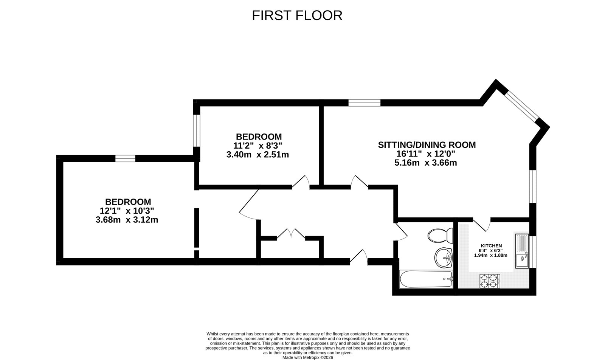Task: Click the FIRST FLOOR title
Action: point(297,16)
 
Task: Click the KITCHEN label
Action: point(491,246)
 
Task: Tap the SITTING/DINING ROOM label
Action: point(427,145)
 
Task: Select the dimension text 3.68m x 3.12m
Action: point(127,220)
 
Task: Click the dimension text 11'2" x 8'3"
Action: point(258,146)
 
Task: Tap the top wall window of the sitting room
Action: point(364,102)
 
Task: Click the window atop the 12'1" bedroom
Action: point(125,158)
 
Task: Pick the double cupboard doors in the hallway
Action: point(291,234)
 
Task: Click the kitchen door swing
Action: point(482,225)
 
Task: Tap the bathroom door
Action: point(401,231)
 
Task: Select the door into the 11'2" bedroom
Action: point(301,182)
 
